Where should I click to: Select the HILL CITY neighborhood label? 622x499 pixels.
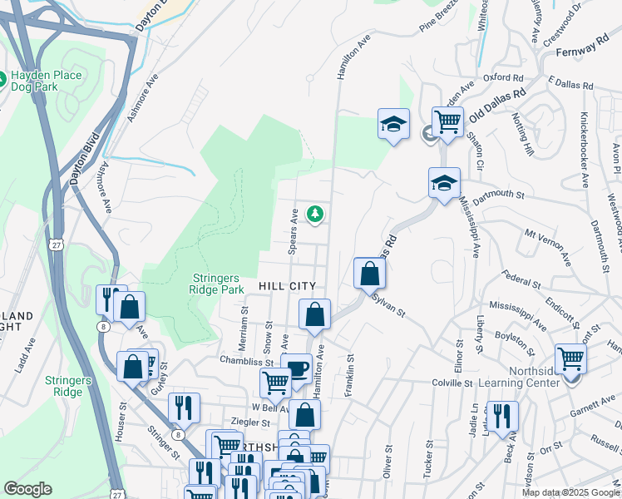(286, 285)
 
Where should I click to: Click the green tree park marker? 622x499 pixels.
(315, 215)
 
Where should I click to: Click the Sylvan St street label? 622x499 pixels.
(388, 306)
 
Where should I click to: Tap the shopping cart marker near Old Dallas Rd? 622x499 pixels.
(447, 121)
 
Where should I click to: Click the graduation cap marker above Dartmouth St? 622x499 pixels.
(445, 182)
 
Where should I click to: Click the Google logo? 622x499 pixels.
(27, 489)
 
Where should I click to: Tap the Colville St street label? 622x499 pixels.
(452, 383)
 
